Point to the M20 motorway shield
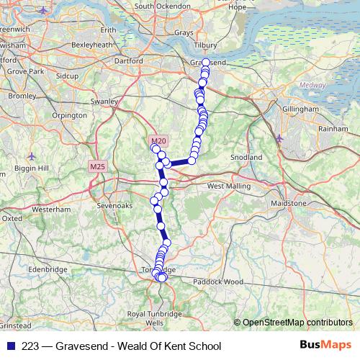pos(159,140)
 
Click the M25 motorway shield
pos(97,166)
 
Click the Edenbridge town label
pos(48,269)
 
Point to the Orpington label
pos(69,115)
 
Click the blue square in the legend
pos(9,346)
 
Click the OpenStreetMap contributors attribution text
pos(297,323)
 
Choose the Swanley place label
pos(104,102)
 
